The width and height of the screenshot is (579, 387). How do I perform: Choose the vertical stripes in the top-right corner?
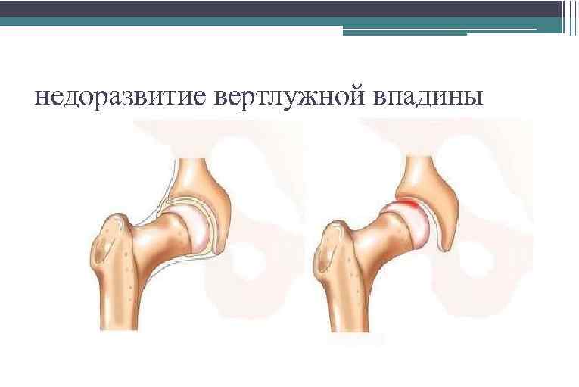570,15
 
